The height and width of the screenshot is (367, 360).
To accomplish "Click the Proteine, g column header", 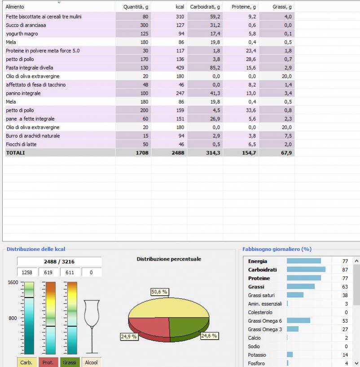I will [244, 7].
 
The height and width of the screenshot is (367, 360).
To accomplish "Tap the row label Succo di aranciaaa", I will [26, 25].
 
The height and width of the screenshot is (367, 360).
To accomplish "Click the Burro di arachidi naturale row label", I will [33, 136].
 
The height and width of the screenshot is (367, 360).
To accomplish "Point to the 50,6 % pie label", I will [159, 292].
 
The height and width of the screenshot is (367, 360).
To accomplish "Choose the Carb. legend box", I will [26, 362].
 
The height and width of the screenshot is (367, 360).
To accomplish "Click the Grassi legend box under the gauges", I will [70, 362].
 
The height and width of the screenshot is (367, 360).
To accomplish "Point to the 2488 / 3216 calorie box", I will [59, 262].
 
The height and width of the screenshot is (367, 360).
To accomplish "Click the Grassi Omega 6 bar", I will [299, 320].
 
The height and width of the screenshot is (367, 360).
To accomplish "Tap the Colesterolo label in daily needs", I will [260, 312].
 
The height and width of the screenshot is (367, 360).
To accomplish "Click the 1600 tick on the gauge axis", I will [12, 283].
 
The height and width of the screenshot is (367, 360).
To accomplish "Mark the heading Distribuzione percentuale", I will [169, 259].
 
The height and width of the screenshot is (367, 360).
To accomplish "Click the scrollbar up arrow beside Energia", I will [356, 261].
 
